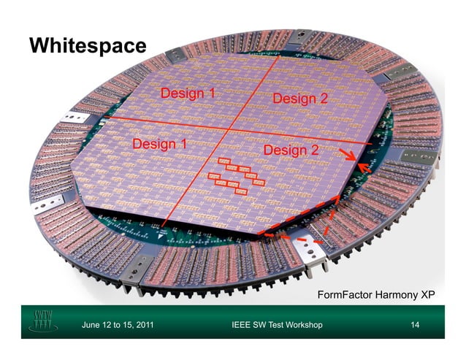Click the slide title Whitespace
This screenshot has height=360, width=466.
(88, 45)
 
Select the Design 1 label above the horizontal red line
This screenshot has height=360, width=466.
(188, 93)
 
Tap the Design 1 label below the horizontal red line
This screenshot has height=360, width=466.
(158, 144)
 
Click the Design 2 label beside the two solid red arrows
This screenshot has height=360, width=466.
(291, 150)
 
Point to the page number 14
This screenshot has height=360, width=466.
(416, 324)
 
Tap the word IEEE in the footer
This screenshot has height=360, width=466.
(241, 324)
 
